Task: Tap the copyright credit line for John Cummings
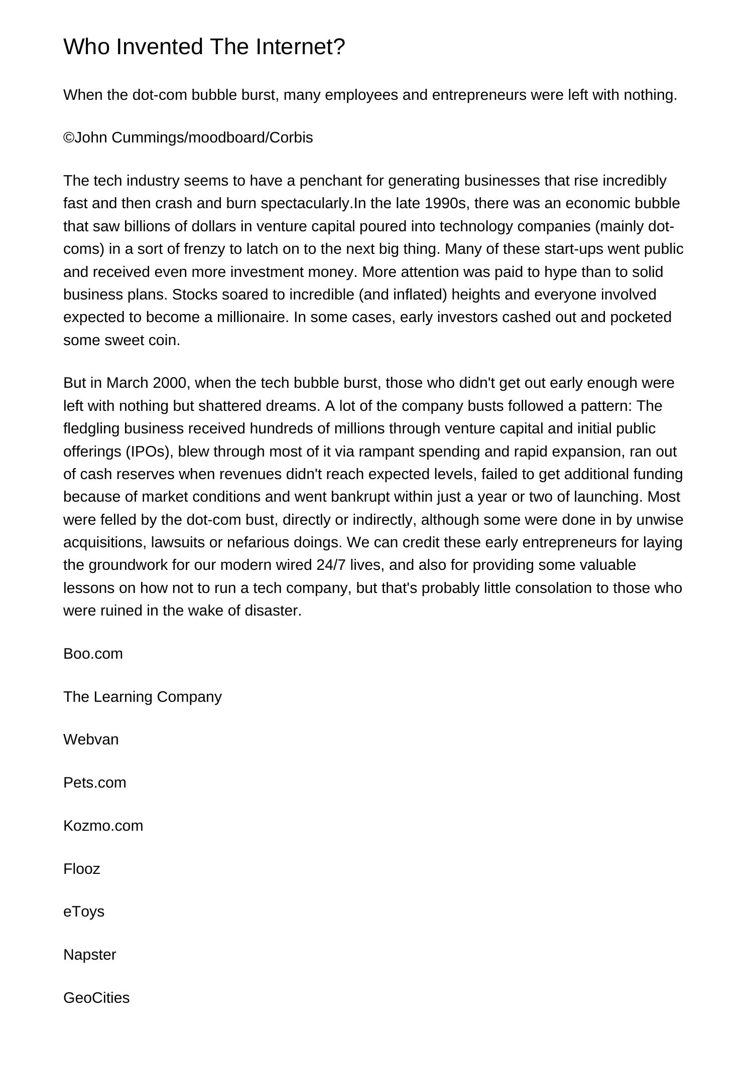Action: click(x=188, y=137)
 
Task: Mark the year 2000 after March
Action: click(x=169, y=383)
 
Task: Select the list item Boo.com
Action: click(x=93, y=654)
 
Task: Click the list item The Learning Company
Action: click(x=142, y=697)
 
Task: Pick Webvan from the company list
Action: click(x=91, y=739)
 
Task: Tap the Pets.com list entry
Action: click(x=94, y=783)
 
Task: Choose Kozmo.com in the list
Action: click(x=103, y=826)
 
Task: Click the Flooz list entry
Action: click(x=81, y=869)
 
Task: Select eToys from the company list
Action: click(x=84, y=911)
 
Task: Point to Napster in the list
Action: click(x=89, y=955)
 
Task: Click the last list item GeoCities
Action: click(x=96, y=998)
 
